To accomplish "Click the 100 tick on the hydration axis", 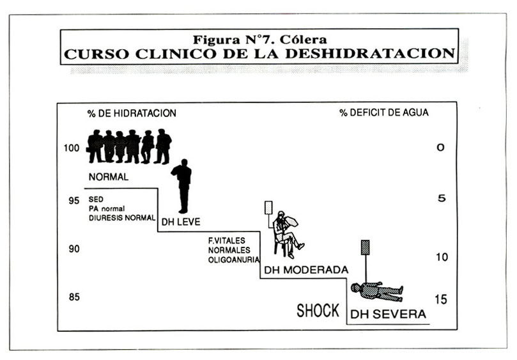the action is click(72, 148).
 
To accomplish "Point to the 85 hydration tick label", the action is click(74, 297).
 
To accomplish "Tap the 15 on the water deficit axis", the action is click(441, 300).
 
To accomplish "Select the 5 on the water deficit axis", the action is click(442, 198).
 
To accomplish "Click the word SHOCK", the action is click(318, 311).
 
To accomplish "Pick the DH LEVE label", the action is click(181, 222).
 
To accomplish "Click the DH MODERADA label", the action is click(306, 270).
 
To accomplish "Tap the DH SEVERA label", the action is click(388, 314).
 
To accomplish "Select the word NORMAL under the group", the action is click(109, 177).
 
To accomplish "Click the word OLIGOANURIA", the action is click(234, 260).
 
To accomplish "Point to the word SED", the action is click(96, 200).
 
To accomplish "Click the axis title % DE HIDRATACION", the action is click(132, 113).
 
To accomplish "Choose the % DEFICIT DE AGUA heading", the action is click(384, 113).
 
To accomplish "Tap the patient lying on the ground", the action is click(376, 292).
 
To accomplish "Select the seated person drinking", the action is click(286, 234).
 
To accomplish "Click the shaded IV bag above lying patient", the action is click(365, 247).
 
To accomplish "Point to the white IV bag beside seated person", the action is click(268, 208).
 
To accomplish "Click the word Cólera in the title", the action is click(303, 40).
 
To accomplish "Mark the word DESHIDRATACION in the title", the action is click(370, 54).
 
